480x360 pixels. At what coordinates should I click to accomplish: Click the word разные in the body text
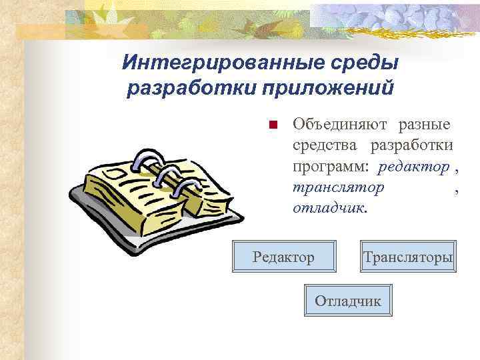425,125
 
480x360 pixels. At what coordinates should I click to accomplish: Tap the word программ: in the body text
331,166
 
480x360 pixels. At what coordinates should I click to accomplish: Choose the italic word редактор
415,166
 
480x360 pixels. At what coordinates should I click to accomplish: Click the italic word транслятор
338,187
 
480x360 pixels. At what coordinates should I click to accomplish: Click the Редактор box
283,256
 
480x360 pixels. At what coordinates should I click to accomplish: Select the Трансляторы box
408,256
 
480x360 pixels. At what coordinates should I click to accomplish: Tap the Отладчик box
347,300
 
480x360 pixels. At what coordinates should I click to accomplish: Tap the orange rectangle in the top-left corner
44,31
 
